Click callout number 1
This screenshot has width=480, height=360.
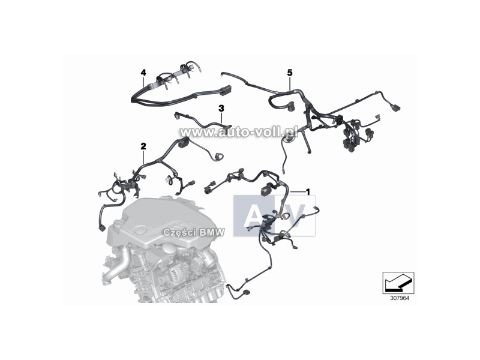pos(308,192)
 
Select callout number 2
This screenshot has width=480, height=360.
pos(143,146)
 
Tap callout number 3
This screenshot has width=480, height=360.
pos(221,108)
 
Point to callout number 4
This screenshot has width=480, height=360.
pos(143,73)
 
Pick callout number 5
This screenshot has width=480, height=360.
pos(290,73)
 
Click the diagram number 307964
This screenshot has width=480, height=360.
pos(399,298)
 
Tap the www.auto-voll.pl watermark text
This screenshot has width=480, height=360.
pos(239,132)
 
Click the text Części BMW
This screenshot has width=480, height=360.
pos(194,232)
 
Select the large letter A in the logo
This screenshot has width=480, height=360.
pos(253,216)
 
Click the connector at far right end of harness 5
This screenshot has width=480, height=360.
pos(395,107)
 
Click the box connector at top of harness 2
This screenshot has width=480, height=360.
pos(183,142)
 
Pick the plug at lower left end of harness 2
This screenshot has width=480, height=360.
pos(102,229)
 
